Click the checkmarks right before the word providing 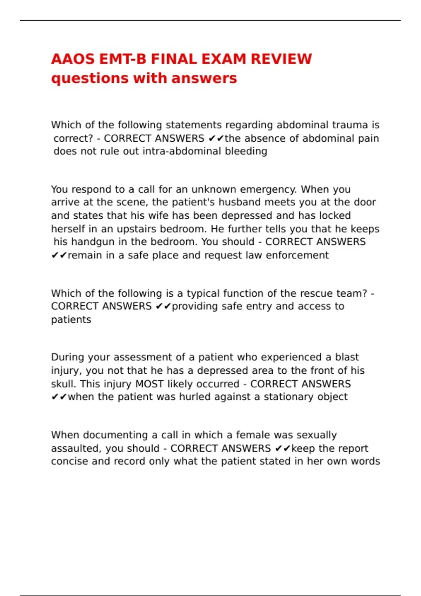tap(163, 306)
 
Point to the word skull tap(63, 384)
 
